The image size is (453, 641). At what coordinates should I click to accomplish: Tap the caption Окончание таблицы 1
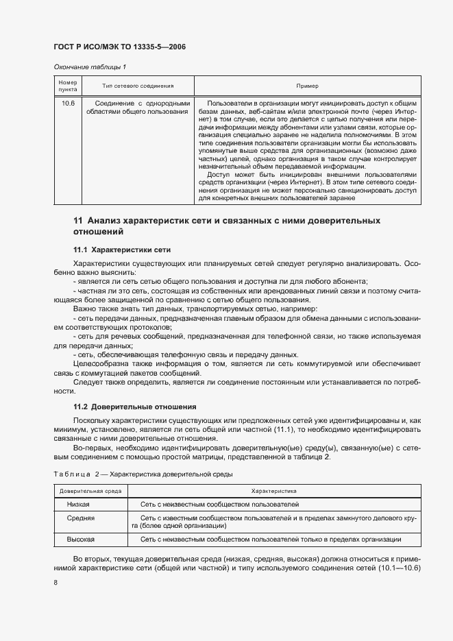coord(90,66)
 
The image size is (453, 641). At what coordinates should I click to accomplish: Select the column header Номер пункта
coord(67,86)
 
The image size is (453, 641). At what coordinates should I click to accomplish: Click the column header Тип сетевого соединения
coord(138,86)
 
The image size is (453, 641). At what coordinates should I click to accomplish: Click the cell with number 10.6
coord(68,103)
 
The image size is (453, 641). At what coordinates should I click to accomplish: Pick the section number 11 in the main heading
coord(77,221)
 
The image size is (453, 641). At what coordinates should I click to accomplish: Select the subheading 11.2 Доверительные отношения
coord(125,407)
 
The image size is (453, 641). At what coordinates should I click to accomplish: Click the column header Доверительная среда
coord(90,492)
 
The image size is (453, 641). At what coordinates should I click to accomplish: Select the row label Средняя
coord(80,518)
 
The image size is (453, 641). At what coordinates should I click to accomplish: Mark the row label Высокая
coord(80,540)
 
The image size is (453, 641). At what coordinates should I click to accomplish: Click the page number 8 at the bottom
coord(56,582)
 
